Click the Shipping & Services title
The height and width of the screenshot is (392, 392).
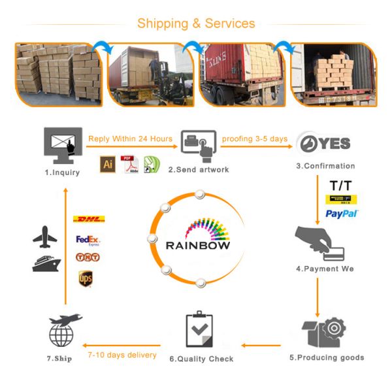(196, 24)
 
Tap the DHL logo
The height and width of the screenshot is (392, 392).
(90, 219)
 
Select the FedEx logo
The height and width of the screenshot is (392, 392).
(88, 240)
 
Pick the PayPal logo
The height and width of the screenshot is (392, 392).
(341, 214)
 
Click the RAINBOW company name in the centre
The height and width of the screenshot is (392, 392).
(198, 246)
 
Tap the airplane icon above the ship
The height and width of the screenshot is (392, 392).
(46, 237)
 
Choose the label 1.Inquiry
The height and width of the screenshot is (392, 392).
(62, 172)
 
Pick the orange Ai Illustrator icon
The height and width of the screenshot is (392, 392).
(108, 164)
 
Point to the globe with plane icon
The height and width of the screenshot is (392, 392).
(64, 330)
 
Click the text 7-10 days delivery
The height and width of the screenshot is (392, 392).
(122, 355)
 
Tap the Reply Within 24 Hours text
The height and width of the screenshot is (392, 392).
(131, 139)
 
